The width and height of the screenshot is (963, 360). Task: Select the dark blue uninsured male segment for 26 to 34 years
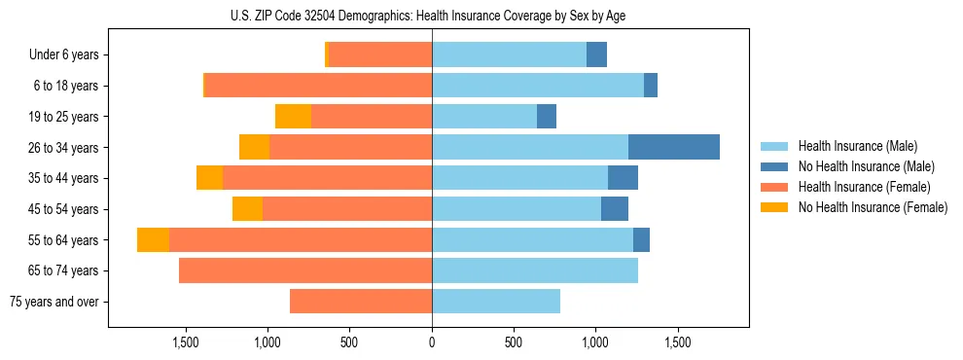(x=674, y=147)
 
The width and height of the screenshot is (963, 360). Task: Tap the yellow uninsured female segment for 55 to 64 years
(x=153, y=239)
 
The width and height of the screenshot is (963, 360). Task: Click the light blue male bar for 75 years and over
(x=496, y=302)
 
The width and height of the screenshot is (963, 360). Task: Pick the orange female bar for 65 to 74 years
(x=305, y=270)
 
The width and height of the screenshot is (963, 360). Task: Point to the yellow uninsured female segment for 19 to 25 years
(x=293, y=117)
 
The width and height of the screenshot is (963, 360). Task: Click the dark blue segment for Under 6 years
(x=596, y=54)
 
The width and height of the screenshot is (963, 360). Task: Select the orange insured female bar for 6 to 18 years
(x=318, y=86)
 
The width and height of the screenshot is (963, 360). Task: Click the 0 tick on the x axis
(x=432, y=342)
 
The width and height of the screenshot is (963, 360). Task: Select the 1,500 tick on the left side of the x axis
(x=186, y=342)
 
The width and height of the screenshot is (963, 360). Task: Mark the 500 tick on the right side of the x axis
(x=514, y=342)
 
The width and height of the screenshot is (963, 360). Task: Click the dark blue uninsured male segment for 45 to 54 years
(x=615, y=209)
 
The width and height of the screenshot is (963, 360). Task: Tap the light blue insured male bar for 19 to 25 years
(x=484, y=117)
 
